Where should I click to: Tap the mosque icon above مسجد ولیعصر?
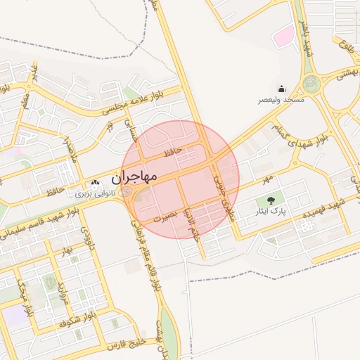[281, 89]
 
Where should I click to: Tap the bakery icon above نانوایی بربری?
[96, 182]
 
